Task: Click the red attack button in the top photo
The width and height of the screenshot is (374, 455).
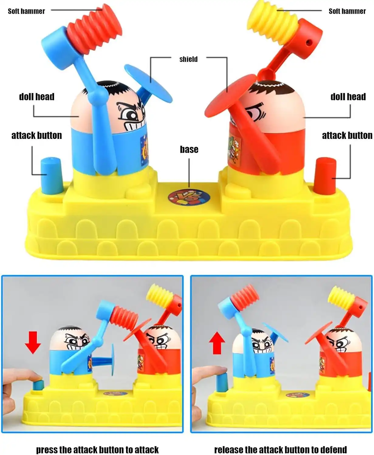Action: (x=325, y=176)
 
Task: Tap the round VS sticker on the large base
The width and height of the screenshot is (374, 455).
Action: (x=189, y=197)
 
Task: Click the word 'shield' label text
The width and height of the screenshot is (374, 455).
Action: (x=188, y=59)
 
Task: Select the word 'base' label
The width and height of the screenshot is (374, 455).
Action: (x=189, y=149)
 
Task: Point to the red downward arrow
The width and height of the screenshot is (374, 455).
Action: (x=33, y=342)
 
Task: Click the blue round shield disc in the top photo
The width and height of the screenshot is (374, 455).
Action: (x=148, y=83)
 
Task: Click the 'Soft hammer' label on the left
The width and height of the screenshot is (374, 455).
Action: (x=26, y=11)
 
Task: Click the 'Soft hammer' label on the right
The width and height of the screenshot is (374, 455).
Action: (x=347, y=11)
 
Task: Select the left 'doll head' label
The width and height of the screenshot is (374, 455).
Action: (x=37, y=97)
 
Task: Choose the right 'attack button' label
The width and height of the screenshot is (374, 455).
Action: (x=347, y=136)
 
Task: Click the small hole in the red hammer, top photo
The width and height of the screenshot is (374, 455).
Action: (x=309, y=42)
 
